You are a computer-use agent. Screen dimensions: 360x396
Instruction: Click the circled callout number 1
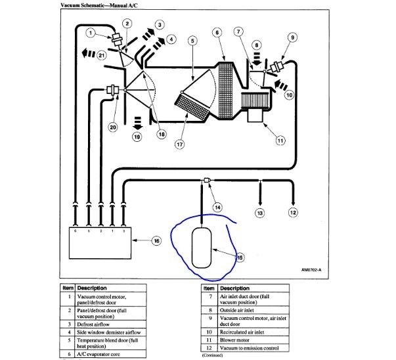click(91, 33)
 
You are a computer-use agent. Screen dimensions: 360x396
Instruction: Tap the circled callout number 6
click(217, 32)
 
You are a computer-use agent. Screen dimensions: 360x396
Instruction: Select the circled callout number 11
click(280, 139)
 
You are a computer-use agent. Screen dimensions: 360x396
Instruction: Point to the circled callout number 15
click(240, 258)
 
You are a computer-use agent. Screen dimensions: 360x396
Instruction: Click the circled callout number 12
click(293, 212)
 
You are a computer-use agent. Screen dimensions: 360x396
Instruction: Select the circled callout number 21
click(101, 56)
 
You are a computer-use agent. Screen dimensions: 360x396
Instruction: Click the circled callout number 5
click(192, 40)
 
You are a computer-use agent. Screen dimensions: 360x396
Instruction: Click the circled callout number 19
click(137, 137)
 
